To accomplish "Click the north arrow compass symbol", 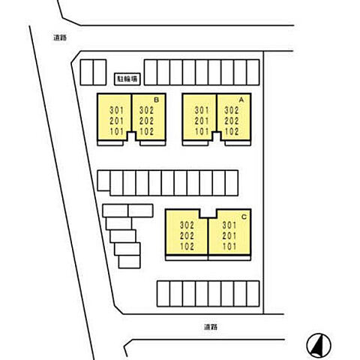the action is pyautogui.click(x=319, y=345).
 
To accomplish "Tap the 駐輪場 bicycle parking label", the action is pyautogui.click(x=127, y=79).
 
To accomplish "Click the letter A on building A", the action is pyautogui.click(x=241, y=100).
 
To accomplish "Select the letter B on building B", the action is pyautogui.click(x=156, y=100).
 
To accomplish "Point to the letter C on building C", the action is pyautogui.click(x=244, y=217).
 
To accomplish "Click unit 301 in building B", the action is pyautogui.click(x=117, y=110).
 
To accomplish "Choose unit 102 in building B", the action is pyautogui.click(x=147, y=131).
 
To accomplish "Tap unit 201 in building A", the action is pyautogui.click(x=202, y=121).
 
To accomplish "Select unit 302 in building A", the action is pyautogui.click(x=232, y=110).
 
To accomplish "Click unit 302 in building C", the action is pyautogui.click(x=187, y=225).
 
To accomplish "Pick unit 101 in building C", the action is pyautogui.click(x=229, y=247).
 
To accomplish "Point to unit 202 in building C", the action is pyautogui.click(x=187, y=235).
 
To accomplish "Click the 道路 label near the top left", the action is pyautogui.click(x=60, y=37).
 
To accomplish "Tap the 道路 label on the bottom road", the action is pyautogui.click(x=211, y=326).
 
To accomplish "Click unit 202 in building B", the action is pyautogui.click(x=147, y=121).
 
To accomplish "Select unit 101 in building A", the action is pyautogui.click(x=202, y=131).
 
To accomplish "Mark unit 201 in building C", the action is pyautogui.click(x=229, y=235).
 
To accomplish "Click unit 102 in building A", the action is pyautogui.click(x=232, y=131).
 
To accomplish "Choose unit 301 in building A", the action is pyautogui.click(x=202, y=110).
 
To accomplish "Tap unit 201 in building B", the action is pyautogui.click(x=117, y=121).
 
